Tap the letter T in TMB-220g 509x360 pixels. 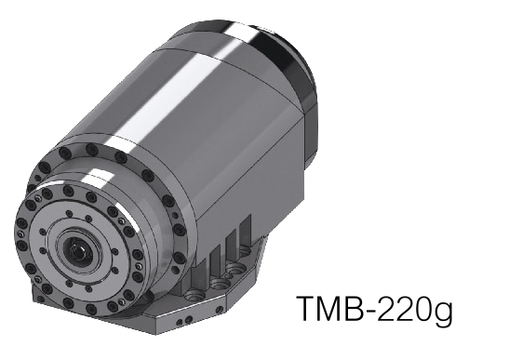(x=306, y=309)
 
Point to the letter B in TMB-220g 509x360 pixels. (x=358, y=309)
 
